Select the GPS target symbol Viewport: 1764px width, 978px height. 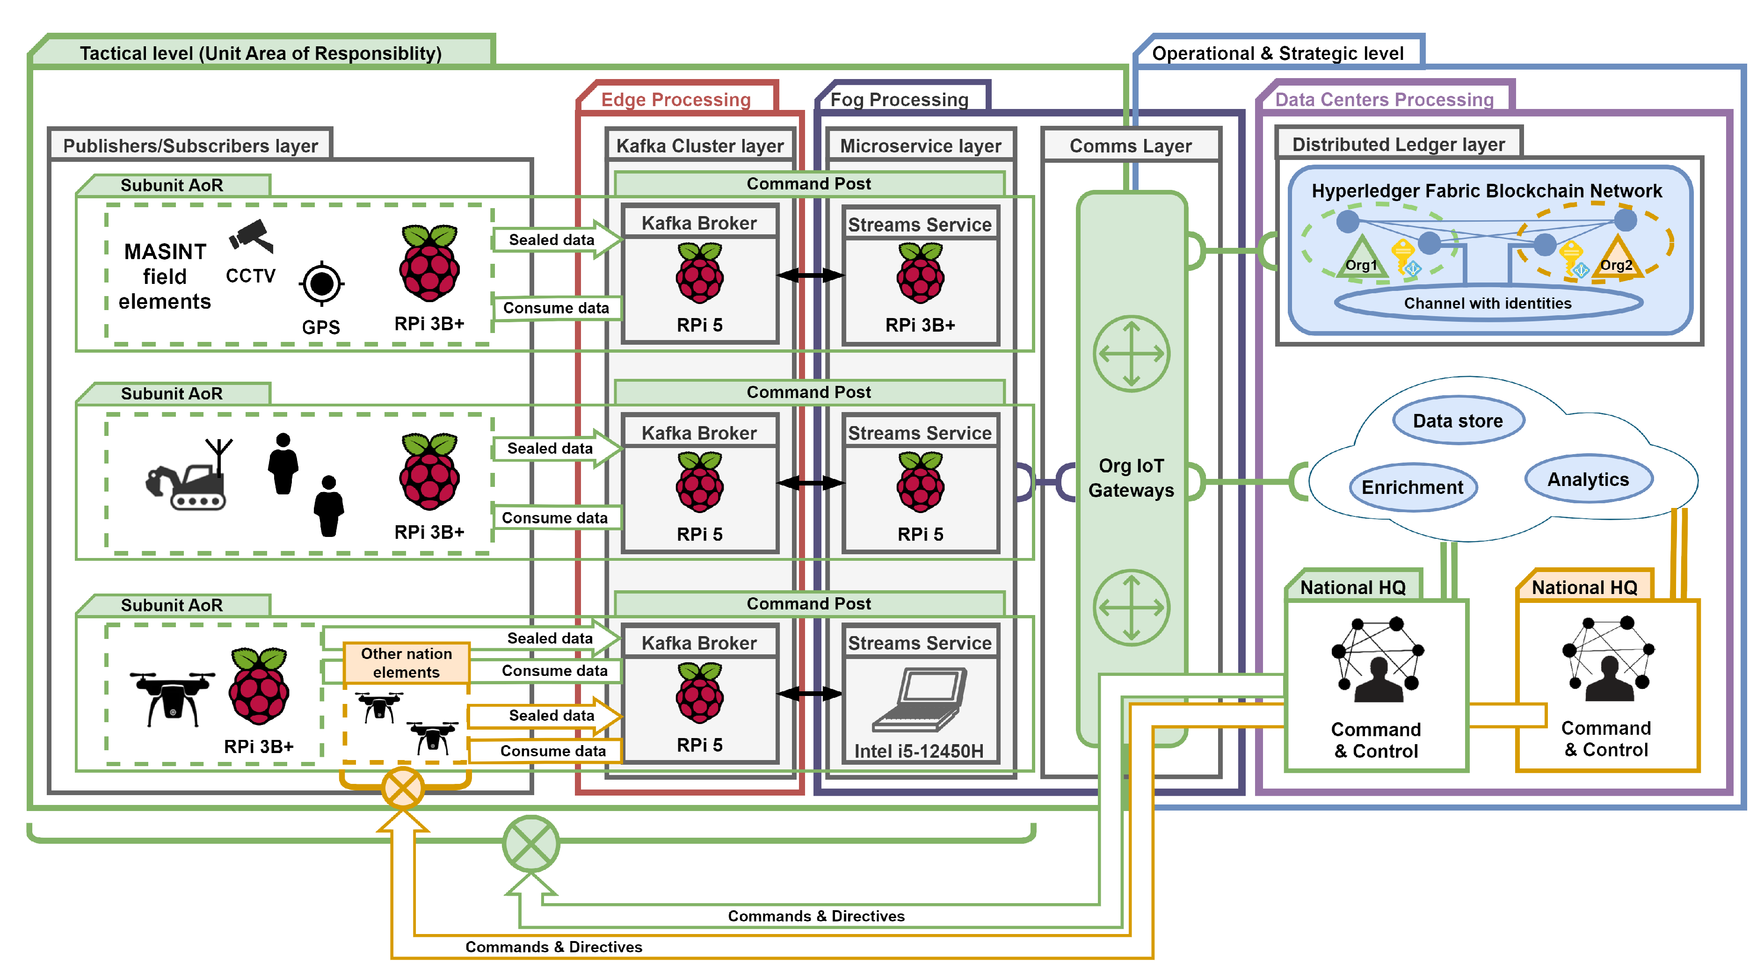321,283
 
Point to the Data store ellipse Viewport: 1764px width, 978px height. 1458,420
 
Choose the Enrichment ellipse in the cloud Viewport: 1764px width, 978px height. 1412,487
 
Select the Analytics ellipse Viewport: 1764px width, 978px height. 1588,479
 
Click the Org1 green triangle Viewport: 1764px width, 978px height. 1361,260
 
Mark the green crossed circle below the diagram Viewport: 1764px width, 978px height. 531,843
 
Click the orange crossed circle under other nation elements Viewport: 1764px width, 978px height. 403,788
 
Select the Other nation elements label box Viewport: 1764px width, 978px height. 406,662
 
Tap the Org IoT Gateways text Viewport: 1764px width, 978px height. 1131,478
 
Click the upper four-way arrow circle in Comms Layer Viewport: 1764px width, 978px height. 1131,354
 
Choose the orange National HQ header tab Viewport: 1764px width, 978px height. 1583,587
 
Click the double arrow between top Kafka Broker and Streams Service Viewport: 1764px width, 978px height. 810,275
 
